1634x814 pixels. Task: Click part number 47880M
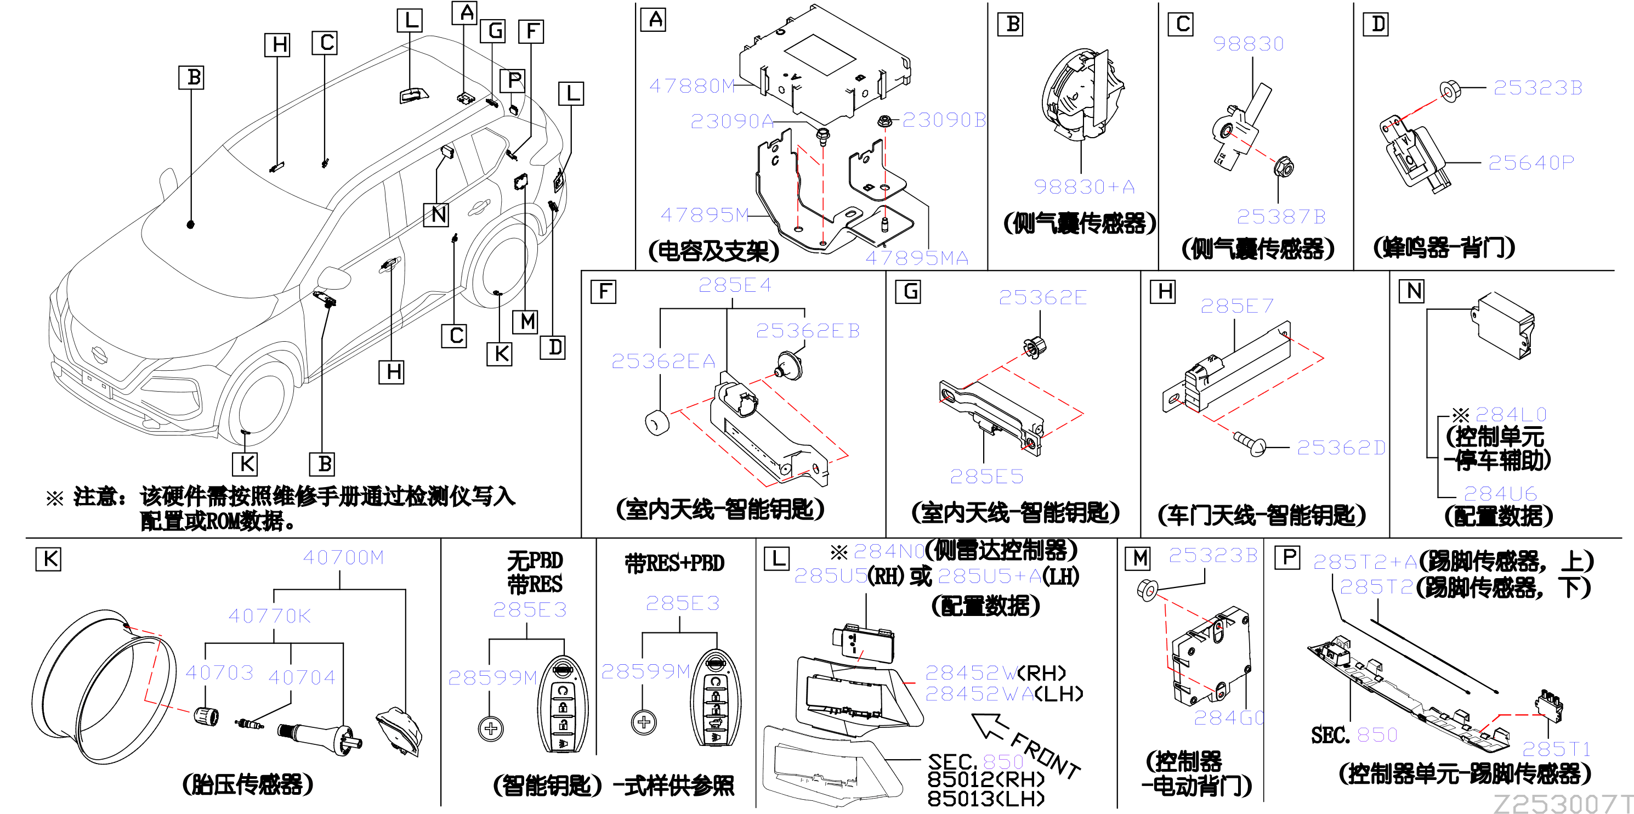(x=692, y=86)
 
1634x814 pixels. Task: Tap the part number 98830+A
(x=1084, y=186)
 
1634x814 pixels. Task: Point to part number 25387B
(x=1281, y=217)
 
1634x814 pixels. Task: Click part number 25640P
(x=1531, y=163)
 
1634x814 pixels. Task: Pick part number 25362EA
(x=663, y=361)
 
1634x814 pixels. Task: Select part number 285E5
(x=986, y=477)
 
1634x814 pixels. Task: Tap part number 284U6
(x=1500, y=494)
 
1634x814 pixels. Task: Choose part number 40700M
(x=343, y=558)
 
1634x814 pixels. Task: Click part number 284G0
(x=1229, y=717)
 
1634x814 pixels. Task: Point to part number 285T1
(x=1557, y=749)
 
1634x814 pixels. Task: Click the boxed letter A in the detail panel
(x=654, y=20)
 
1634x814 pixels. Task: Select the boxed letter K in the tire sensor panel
(x=49, y=559)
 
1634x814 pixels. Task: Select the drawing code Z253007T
(x=1563, y=803)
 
